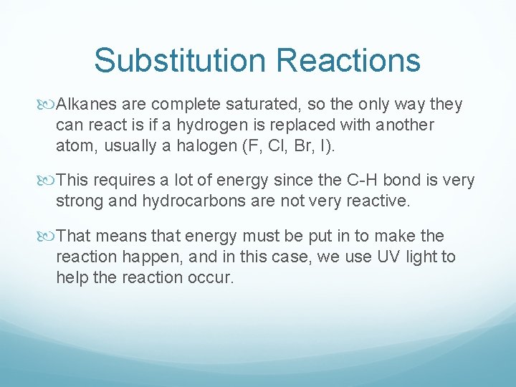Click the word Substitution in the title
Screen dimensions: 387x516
click(179, 60)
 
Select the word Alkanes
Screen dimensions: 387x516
click(85, 105)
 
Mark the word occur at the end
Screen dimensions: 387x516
click(213, 277)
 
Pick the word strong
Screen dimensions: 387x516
click(79, 201)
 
